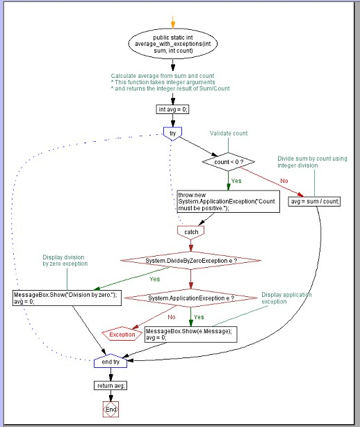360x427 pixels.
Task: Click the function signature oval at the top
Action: [173, 44]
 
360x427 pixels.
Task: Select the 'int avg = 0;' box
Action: [172, 109]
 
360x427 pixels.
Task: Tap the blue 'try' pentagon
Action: [172, 134]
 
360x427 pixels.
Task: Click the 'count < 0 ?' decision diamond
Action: [228, 162]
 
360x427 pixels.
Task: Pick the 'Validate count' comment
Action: [229, 133]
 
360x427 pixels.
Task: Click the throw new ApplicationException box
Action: [228, 201]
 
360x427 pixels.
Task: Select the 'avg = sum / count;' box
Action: [314, 202]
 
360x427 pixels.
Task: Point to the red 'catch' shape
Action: [190, 232]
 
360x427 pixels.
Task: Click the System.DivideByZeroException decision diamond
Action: [190, 261]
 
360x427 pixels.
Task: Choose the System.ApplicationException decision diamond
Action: [190, 298]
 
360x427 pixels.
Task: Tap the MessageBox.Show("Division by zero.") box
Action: [67, 298]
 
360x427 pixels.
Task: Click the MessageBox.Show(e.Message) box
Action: [190, 334]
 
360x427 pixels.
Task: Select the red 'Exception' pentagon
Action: [122, 334]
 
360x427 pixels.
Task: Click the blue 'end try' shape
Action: [111, 361]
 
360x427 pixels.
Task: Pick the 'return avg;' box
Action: [111, 385]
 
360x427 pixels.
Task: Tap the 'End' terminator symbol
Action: [111, 410]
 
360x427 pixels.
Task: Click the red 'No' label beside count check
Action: [284, 181]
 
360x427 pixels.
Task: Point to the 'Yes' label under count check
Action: [236, 181]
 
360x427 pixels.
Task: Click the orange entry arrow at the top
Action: [173, 22]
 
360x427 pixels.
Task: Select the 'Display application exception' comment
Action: [286, 298]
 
